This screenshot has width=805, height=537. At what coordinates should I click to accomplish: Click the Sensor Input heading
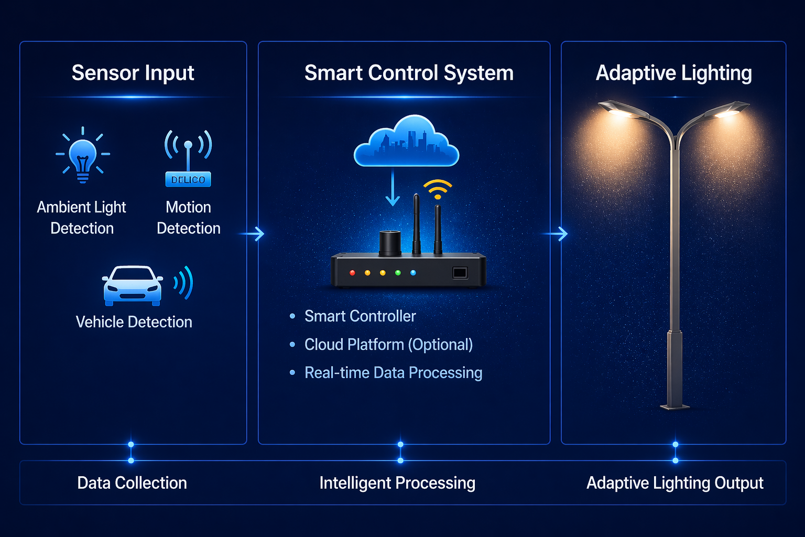pyautogui.click(x=133, y=73)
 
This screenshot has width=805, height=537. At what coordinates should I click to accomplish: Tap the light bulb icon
pyautogui.click(x=83, y=155)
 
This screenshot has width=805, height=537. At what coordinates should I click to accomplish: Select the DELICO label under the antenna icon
pyautogui.click(x=188, y=179)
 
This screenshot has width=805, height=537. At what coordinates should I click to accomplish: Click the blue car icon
pyautogui.click(x=132, y=286)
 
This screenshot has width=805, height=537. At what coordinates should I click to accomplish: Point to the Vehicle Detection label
pyautogui.click(x=134, y=321)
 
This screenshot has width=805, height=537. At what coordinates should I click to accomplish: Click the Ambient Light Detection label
pyautogui.click(x=82, y=218)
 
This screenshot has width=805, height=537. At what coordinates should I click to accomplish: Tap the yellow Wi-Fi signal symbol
pyautogui.click(x=438, y=189)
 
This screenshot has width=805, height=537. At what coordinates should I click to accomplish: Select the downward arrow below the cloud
pyautogui.click(x=393, y=189)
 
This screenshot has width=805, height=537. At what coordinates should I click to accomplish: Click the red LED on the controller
pyautogui.click(x=352, y=273)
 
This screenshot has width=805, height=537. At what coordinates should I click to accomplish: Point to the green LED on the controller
pyautogui.click(x=398, y=273)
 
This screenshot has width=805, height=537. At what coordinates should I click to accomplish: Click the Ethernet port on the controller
pyautogui.click(x=460, y=273)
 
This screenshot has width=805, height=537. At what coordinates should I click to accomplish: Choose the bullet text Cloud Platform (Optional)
pyautogui.click(x=388, y=345)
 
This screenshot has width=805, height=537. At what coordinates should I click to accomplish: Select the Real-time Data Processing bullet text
pyautogui.click(x=393, y=373)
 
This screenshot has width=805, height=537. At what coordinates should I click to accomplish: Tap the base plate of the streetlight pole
pyautogui.click(x=675, y=406)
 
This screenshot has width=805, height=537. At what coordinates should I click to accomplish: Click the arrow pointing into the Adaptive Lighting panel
pyautogui.click(x=556, y=233)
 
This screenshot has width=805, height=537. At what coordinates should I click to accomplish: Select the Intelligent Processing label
pyautogui.click(x=397, y=483)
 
